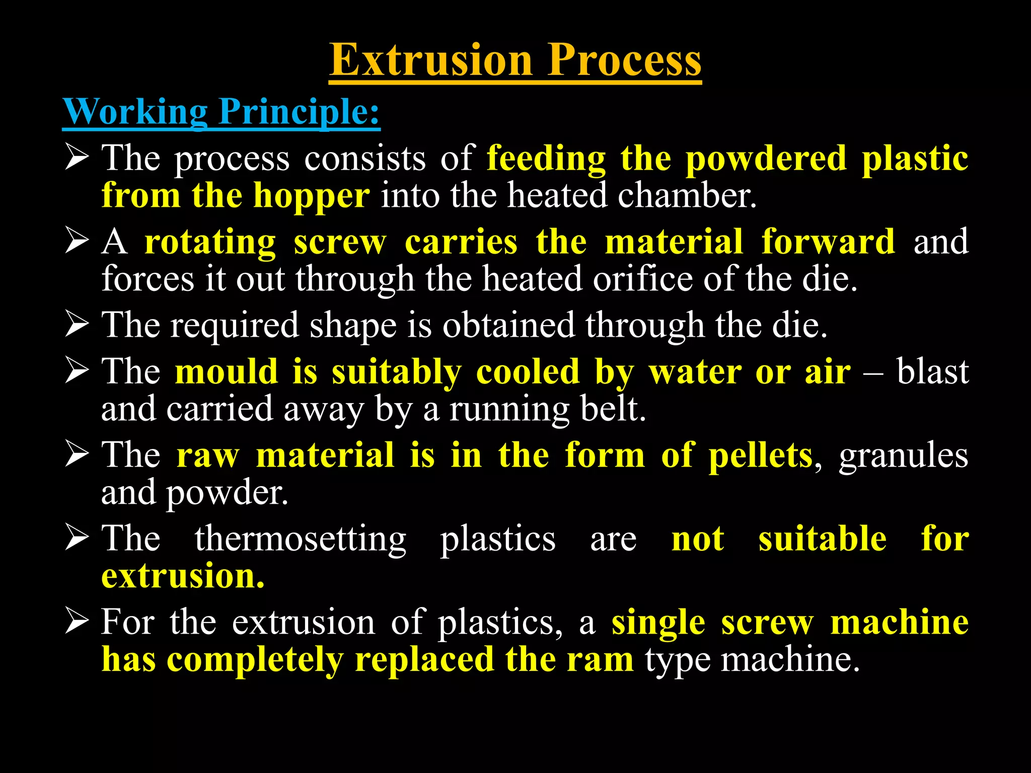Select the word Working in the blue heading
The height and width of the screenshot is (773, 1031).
[x=135, y=111]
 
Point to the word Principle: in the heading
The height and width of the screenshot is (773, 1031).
[x=299, y=111]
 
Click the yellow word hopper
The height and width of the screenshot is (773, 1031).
[x=311, y=196]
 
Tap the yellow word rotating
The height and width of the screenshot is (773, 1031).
[x=210, y=242]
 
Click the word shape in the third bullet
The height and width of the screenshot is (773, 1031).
[x=353, y=326]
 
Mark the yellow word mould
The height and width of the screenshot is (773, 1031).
[x=227, y=372]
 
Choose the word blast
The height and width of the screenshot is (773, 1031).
[x=932, y=372]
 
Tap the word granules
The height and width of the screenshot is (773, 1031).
[x=903, y=455]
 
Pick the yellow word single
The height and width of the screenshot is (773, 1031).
[x=658, y=623]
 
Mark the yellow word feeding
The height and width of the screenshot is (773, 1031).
[x=546, y=159]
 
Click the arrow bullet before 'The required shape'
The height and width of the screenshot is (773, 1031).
[x=77, y=325]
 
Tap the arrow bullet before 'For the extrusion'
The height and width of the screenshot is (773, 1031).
[x=77, y=622]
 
